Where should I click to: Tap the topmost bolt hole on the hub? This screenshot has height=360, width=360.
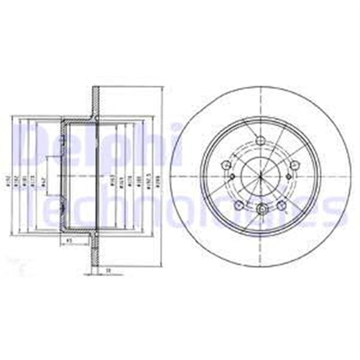[260, 141]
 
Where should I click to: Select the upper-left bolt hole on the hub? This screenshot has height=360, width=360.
[227, 165]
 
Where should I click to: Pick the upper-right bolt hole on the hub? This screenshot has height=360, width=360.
[294, 165]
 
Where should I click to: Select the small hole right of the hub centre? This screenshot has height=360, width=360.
[289, 176]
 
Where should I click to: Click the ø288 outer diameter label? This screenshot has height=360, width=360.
[158, 183]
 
